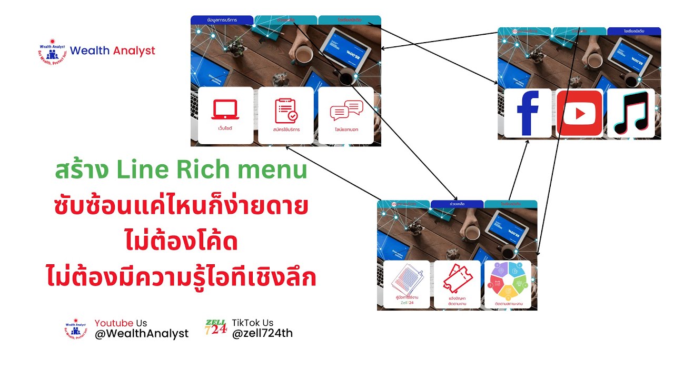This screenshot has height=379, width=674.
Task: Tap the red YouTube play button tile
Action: pos(579,113)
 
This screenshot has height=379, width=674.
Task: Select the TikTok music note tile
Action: pos(631,113)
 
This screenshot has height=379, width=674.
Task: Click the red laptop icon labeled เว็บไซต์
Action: pos(225,110)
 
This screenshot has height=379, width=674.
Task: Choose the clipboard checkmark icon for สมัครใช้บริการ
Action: pos(286,111)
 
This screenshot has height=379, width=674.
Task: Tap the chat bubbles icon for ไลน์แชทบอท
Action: pos(346,111)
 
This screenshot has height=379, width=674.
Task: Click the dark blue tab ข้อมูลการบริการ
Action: pos(222,20)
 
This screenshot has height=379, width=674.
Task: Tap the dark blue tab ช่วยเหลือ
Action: pos(457,204)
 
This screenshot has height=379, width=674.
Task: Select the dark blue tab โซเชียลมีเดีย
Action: pos(634,32)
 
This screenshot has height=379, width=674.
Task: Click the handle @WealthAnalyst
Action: pos(142,334)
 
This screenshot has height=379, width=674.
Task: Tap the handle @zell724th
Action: pos(262,333)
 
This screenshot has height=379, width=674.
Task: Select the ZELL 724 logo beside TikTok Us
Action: pos(216,327)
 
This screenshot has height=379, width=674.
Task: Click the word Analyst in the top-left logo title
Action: pos(134,51)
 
